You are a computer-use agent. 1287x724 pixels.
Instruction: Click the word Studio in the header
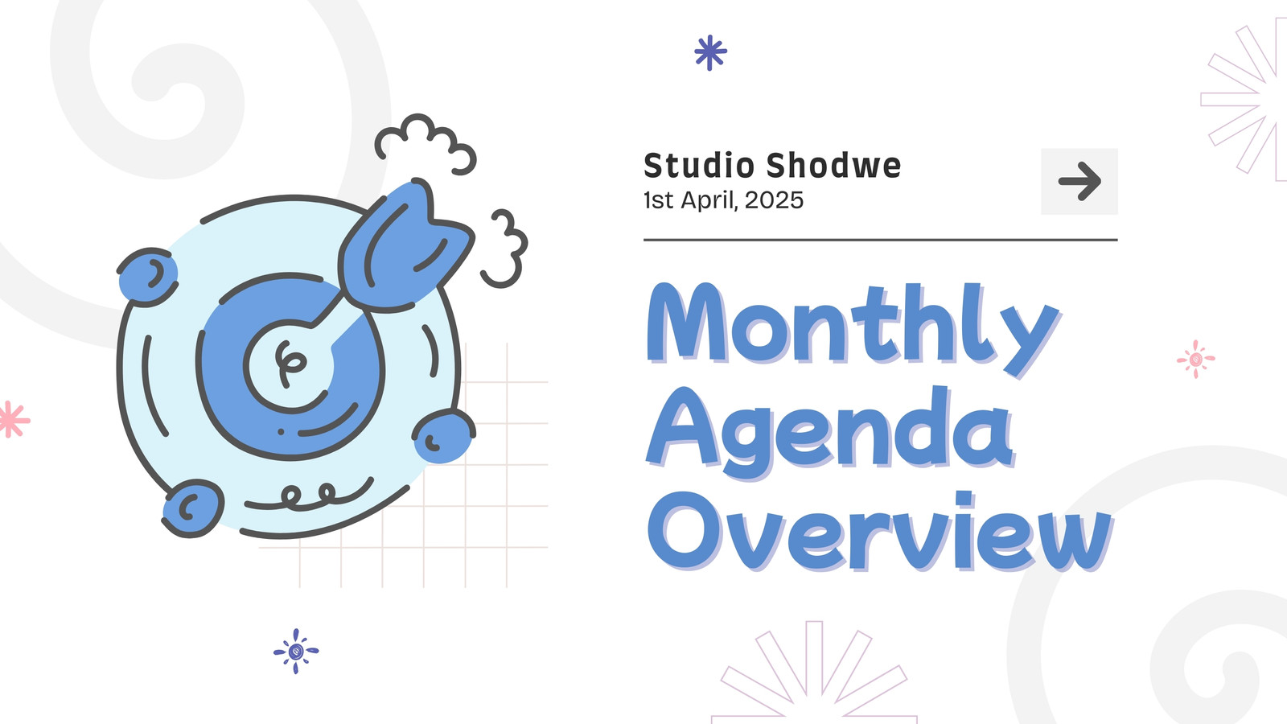(x=698, y=166)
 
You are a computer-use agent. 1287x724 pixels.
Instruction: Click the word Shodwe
(x=833, y=166)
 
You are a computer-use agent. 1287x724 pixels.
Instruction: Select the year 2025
(x=774, y=200)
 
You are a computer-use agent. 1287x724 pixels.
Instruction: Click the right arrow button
(x=1079, y=182)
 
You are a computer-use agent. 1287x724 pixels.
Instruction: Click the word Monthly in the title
(x=853, y=330)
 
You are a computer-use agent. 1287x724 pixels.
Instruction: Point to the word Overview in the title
(x=880, y=532)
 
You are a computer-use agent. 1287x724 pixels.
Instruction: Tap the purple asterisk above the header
(x=711, y=53)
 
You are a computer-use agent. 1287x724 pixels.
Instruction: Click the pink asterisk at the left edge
(x=13, y=419)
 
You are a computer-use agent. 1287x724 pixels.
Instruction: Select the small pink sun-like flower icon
(x=1195, y=360)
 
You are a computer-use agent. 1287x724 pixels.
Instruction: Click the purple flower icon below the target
(x=296, y=651)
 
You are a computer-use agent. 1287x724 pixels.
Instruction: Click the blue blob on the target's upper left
(x=148, y=277)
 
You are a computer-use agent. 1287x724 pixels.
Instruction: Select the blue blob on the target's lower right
(x=443, y=436)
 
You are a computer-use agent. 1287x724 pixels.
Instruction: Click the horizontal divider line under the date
(x=880, y=240)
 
